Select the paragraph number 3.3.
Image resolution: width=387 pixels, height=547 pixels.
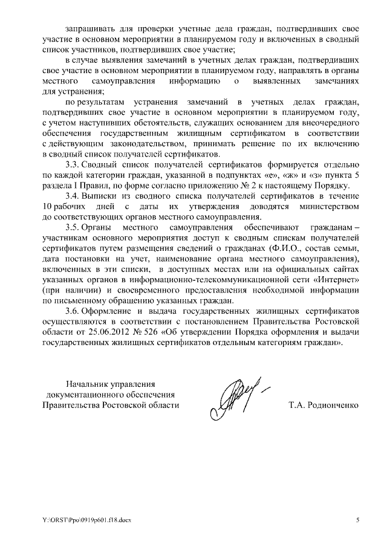74,165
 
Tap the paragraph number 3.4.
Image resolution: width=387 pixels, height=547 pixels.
74,196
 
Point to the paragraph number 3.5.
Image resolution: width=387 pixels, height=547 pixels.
74,228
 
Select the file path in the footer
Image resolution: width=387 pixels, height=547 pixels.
81,520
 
